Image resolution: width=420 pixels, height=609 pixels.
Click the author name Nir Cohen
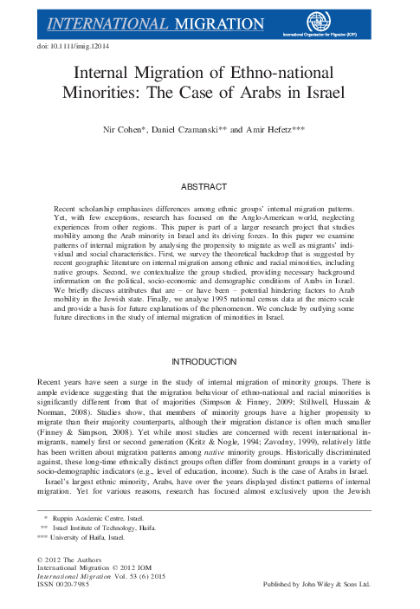(x=133, y=128)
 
